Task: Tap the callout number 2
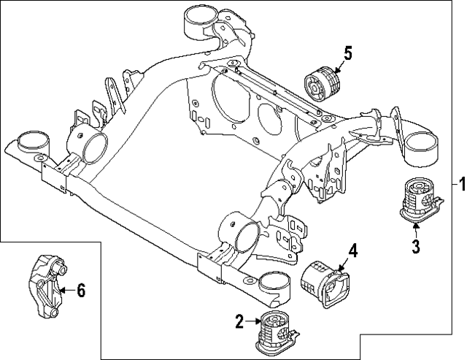point(238,320)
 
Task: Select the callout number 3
point(415,246)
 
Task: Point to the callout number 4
point(352,252)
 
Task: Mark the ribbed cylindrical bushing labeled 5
point(324,85)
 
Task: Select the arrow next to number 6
point(66,291)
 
